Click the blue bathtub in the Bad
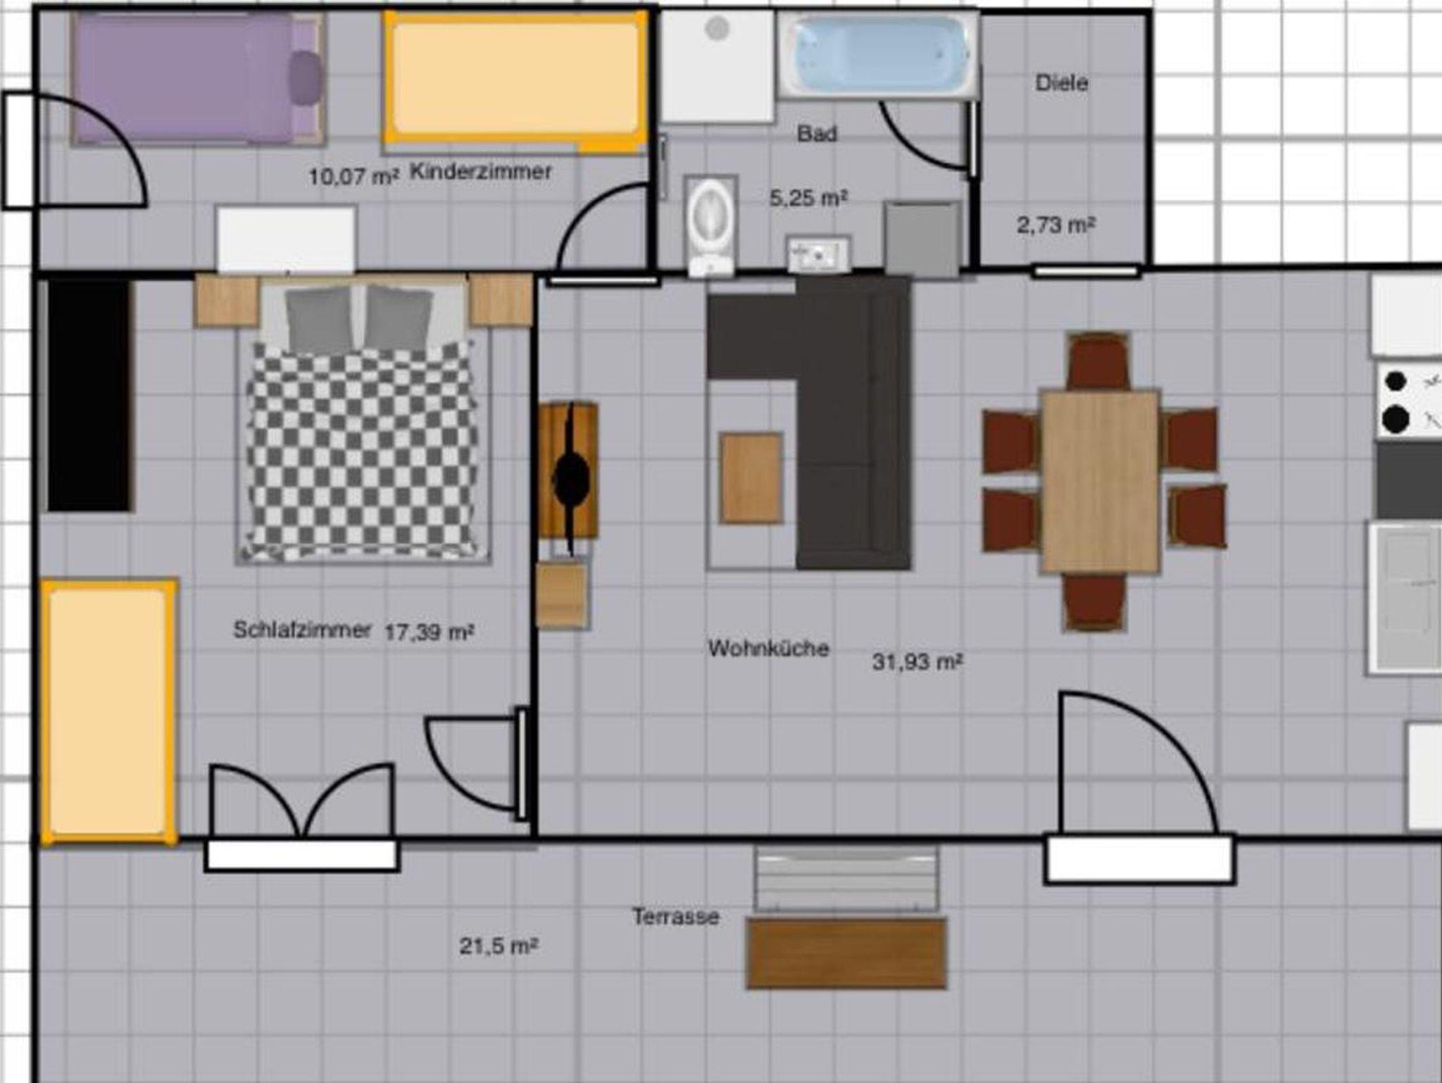coord(879,56)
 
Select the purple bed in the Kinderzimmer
coord(199,78)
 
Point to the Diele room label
coord(1061,83)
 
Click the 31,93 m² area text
coord(917,662)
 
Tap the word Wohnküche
coord(768,648)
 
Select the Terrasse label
coord(675,917)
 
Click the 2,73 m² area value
coord(1055,225)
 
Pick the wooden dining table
coord(1101,482)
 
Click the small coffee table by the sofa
coord(751,478)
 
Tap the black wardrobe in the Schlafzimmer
coord(89,394)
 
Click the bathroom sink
coord(818,254)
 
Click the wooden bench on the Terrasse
coord(846,953)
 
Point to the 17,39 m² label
coord(429,632)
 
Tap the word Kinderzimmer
coord(481,171)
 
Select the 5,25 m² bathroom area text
coord(808,199)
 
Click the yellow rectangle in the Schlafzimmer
coord(109,711)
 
